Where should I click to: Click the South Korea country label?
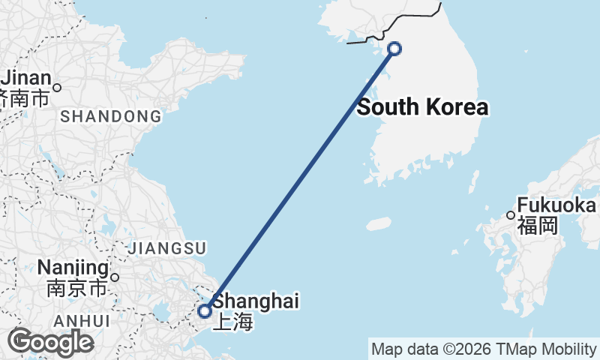click(x=422, y=107)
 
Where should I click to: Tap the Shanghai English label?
click(x=256, y=301)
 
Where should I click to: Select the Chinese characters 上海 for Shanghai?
click(x=233, y=322)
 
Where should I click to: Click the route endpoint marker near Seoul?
click(x=394, y=49)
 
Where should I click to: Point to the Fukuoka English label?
click(x=556, y=205)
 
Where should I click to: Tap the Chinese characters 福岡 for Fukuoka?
click(x=538, y=225)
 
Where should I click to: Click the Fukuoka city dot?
click(x=511, y=215)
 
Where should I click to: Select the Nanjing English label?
click(x=72, y=268)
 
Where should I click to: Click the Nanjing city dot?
click(x=115, y=277)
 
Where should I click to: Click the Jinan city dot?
click(x=56, y=87)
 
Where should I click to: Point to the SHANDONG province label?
click(x=110, y=116)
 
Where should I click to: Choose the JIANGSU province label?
click(x=168, y=247)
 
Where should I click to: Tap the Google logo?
click(x=51, y=342)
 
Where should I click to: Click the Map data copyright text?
click(x=483, y=349)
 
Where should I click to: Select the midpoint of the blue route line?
click(x=299, y=180)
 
